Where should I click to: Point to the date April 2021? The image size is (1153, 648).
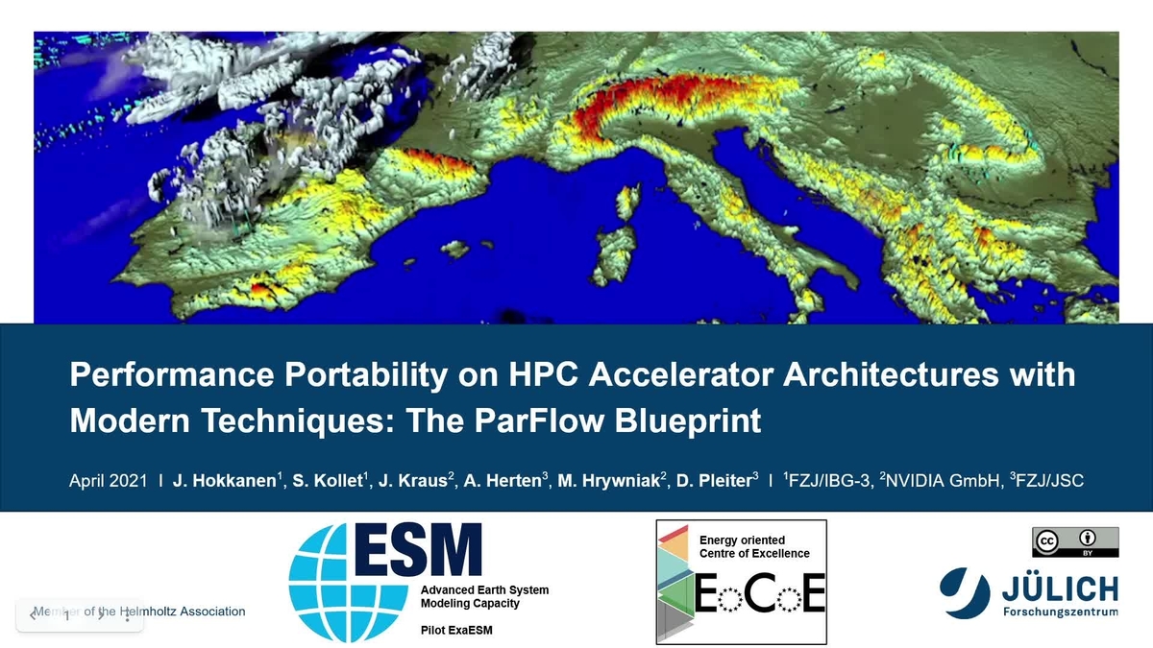click(108, 480)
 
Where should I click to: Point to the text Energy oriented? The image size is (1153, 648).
click(742, 540)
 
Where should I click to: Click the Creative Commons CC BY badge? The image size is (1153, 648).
click(1075, 541)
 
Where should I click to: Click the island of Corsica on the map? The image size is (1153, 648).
click(628, 203)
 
